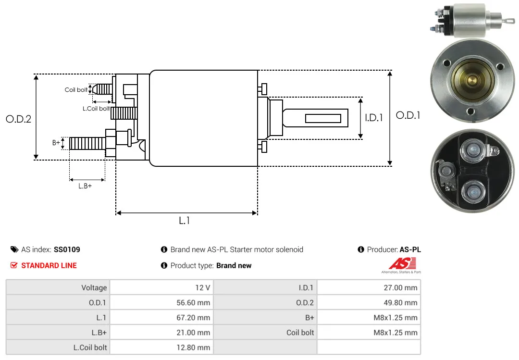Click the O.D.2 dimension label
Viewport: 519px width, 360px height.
click(x=19, y=119)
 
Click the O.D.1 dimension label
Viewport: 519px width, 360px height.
click(x=408, y=115)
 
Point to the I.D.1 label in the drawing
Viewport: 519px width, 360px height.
click(x=374, y=118)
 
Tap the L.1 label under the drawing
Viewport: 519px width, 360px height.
click(x=185, y=221)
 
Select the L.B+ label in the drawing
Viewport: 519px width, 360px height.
click(x=85, y=186)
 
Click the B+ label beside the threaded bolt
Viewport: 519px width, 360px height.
click(x=56, y=143)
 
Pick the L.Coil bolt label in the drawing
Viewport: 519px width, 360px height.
click(x=96, y=109)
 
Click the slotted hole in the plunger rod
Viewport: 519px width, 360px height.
click(x=323, y=118)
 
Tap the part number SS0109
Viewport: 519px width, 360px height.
click(x=67, y=249)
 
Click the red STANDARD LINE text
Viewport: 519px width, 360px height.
click(x=49, y=266)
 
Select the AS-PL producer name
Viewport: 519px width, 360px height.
click(x=410, y=249)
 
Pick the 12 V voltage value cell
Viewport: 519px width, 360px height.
click(x=161, y=287)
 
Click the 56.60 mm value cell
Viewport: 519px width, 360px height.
click(x=161, y=302)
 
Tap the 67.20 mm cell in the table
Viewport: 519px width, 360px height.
click(x=161, y=317)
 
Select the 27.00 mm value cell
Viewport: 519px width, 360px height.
click(x=369, y=287)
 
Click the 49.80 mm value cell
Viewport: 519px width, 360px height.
click(x=369, y=302)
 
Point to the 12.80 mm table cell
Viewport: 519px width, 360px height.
click(x=161, y=347)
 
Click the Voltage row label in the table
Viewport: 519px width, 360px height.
click(x=94, y=287)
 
